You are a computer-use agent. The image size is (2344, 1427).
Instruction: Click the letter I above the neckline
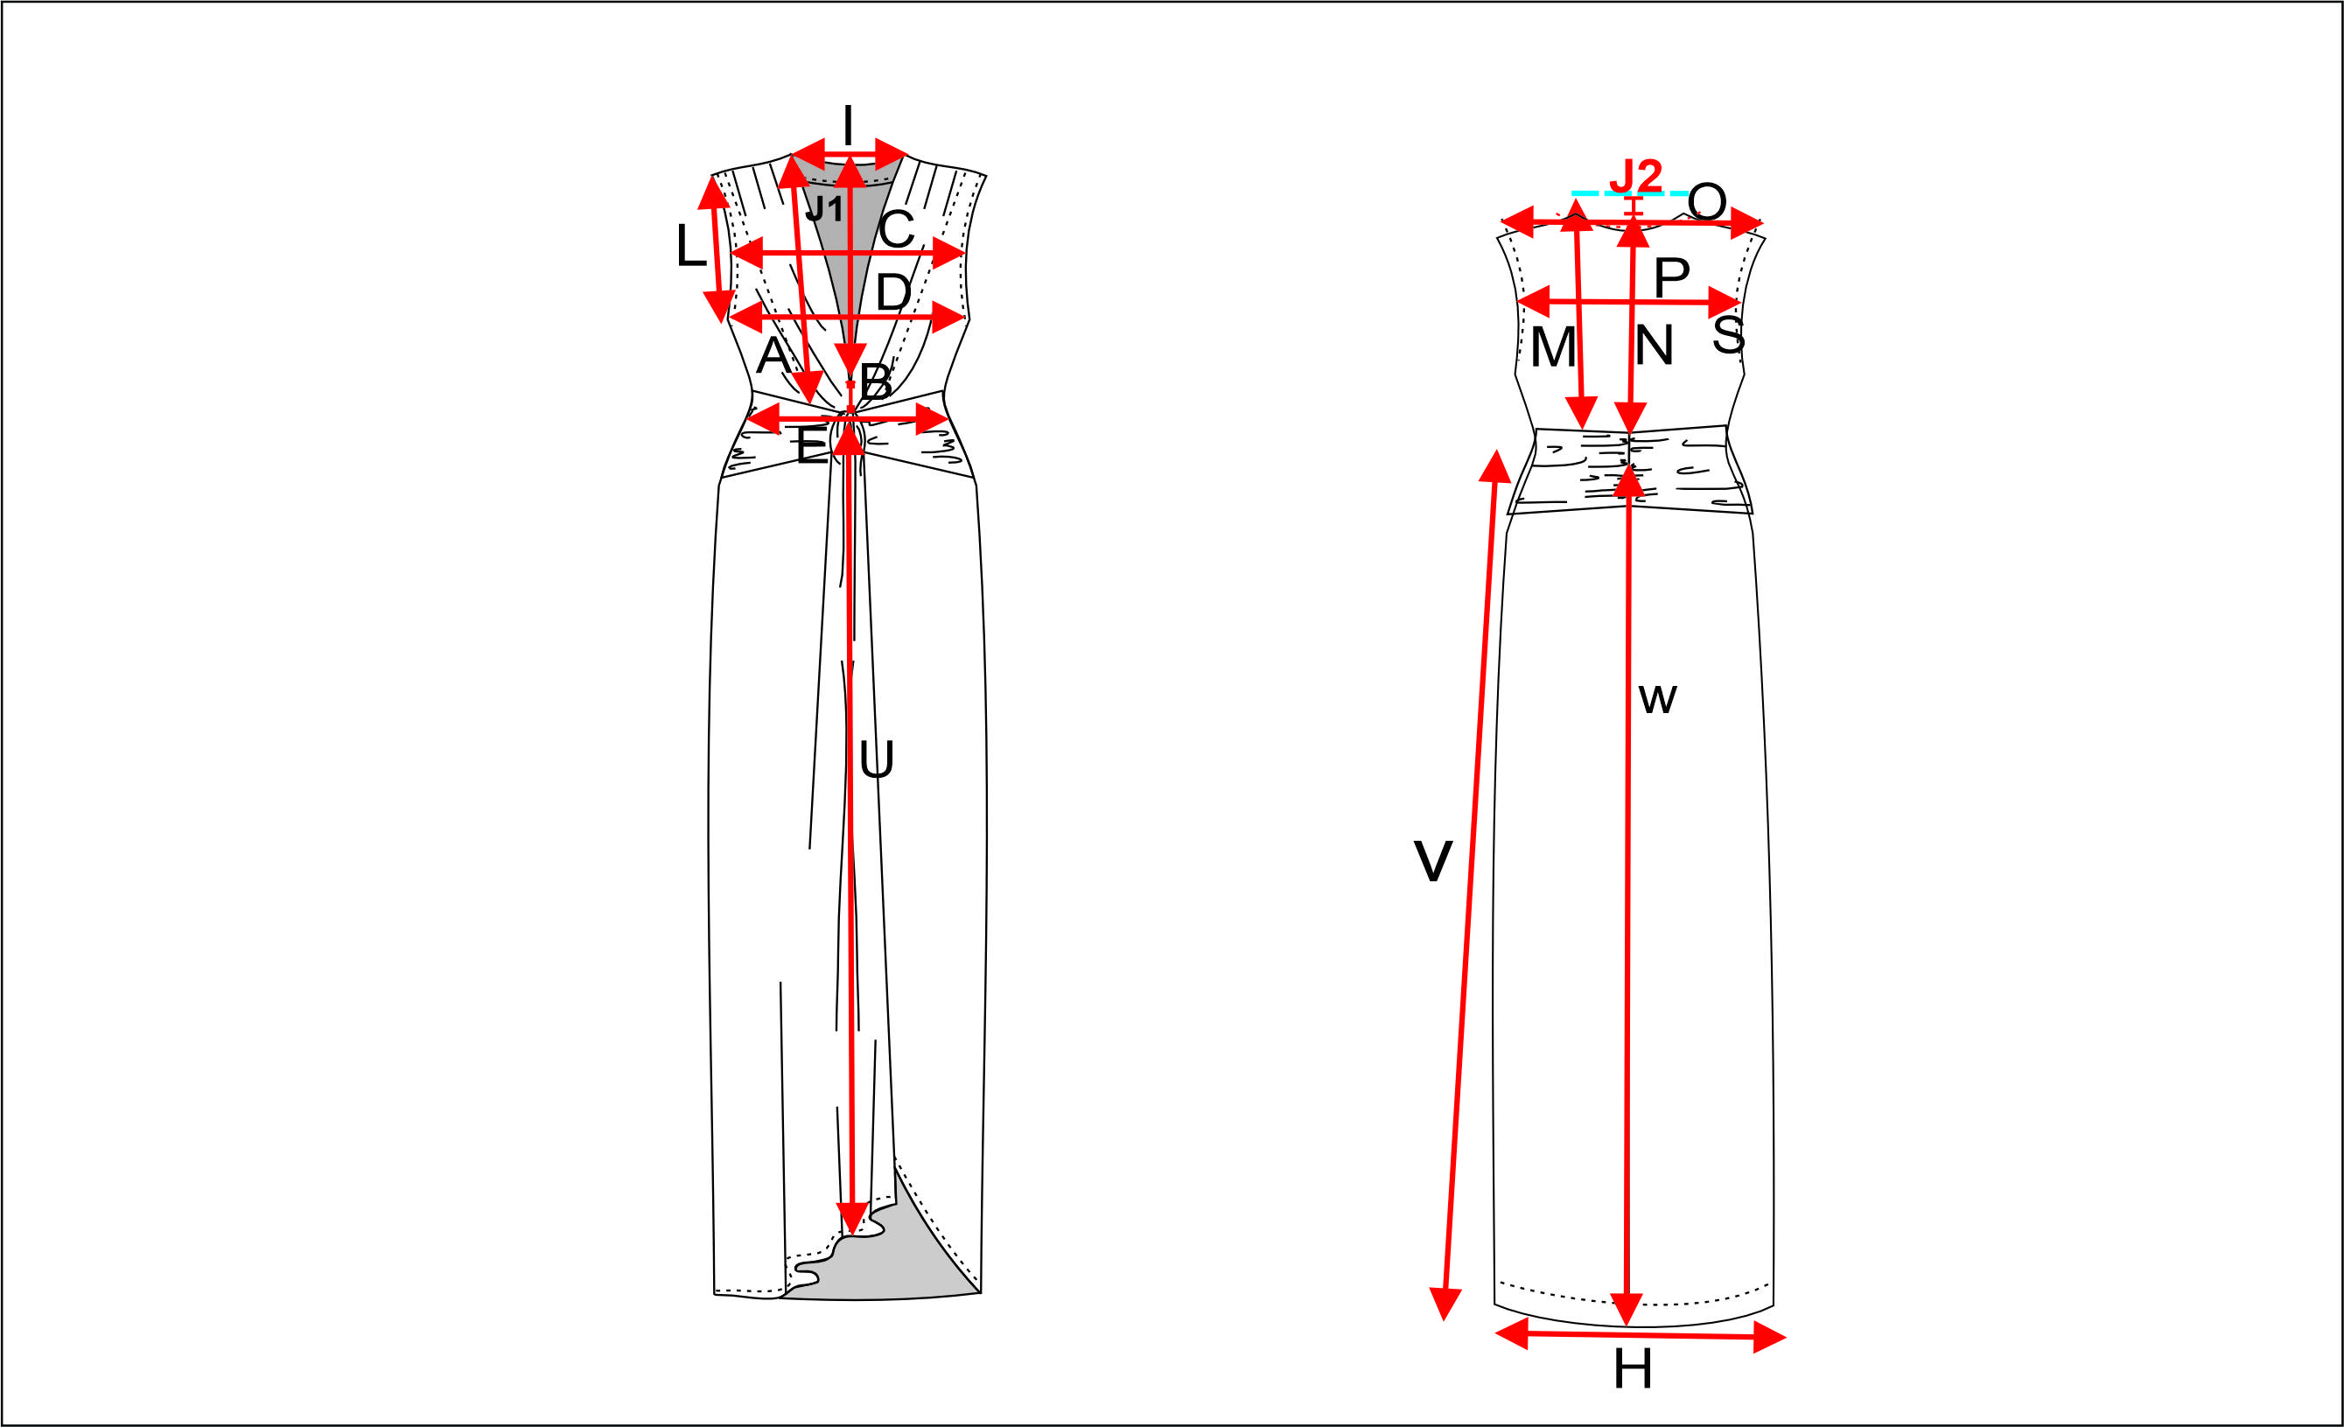click(848, 126)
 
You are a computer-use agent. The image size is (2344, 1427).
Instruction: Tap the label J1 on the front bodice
click(824, 208)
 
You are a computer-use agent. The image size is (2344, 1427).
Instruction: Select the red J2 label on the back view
click(1635, 176)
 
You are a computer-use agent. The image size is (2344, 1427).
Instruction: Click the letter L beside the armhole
click(690, 246)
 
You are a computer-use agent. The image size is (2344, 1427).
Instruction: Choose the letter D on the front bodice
click(893, 291)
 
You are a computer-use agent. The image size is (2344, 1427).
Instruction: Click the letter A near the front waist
click(773, 355)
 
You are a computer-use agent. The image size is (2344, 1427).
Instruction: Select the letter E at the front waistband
click(811, 445)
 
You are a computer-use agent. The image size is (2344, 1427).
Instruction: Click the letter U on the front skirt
click(876, 759)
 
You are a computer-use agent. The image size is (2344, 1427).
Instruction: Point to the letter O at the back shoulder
click(1708, 202)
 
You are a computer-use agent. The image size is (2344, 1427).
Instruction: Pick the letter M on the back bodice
click(1553, 347)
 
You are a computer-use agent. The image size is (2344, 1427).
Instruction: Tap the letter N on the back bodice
click(1655, 346)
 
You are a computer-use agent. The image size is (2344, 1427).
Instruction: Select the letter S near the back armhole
click(1729, 334)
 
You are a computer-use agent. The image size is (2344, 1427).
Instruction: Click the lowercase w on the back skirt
click(1657, 699)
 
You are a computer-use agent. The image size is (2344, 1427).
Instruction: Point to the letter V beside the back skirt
click(1432, 861)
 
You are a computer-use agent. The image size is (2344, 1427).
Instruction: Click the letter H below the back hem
click(1633, 1370)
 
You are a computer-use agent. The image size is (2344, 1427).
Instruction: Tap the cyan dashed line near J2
click(1631, 193)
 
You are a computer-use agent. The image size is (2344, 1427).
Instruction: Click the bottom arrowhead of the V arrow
click(1445, 1305)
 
